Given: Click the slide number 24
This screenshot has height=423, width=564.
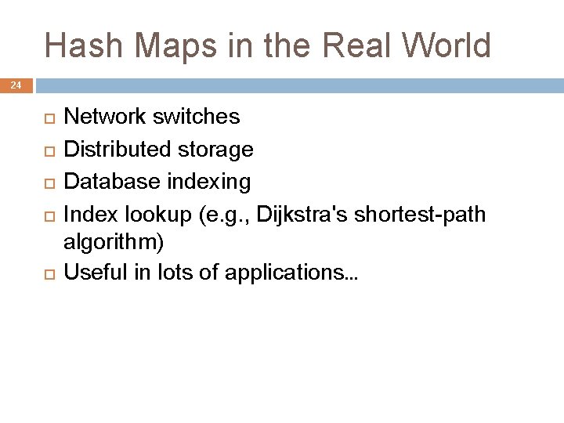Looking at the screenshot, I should [16, 85].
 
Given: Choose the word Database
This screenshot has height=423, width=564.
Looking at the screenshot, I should [108, 182].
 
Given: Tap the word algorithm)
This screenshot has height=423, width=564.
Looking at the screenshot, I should [114, 243].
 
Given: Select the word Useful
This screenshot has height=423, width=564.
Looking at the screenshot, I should [92, 273].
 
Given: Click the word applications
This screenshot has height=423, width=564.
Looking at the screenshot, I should [289, 273].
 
